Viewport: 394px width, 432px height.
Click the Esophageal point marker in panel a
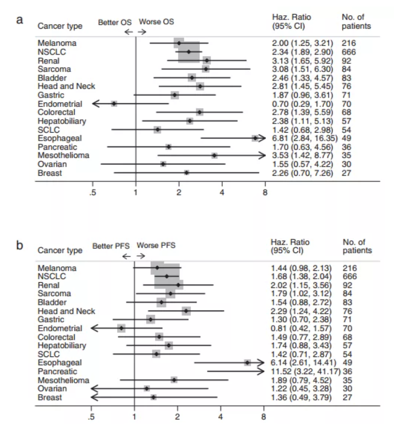tap(255, 138)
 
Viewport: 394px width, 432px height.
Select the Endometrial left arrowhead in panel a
tap(96, 104)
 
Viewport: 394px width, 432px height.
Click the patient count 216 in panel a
tap(349, 43)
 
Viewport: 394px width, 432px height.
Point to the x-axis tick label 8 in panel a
tap(265, 192)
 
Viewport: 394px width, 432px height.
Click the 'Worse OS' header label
tap(157, 22)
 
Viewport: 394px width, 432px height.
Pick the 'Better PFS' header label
tap(111, 246)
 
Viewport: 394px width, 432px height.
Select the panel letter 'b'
tap(19, 245)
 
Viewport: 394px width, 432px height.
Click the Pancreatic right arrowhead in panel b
tap(260, 371)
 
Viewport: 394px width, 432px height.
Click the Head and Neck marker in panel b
tap(186, 311)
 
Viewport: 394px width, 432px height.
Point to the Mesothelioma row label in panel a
tap(63, 155)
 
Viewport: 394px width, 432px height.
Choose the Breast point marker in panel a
tap(187, 173)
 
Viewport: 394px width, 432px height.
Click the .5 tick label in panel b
tap(91, 417)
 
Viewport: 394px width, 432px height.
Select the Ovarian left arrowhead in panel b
tap(94, 389)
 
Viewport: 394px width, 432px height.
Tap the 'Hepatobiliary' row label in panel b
tap(62, 346)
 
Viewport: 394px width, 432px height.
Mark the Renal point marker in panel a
tap(207, 60)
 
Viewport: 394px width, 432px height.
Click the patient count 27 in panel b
tap(347, 397)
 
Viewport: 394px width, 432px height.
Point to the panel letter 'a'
tap(19, 20)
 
